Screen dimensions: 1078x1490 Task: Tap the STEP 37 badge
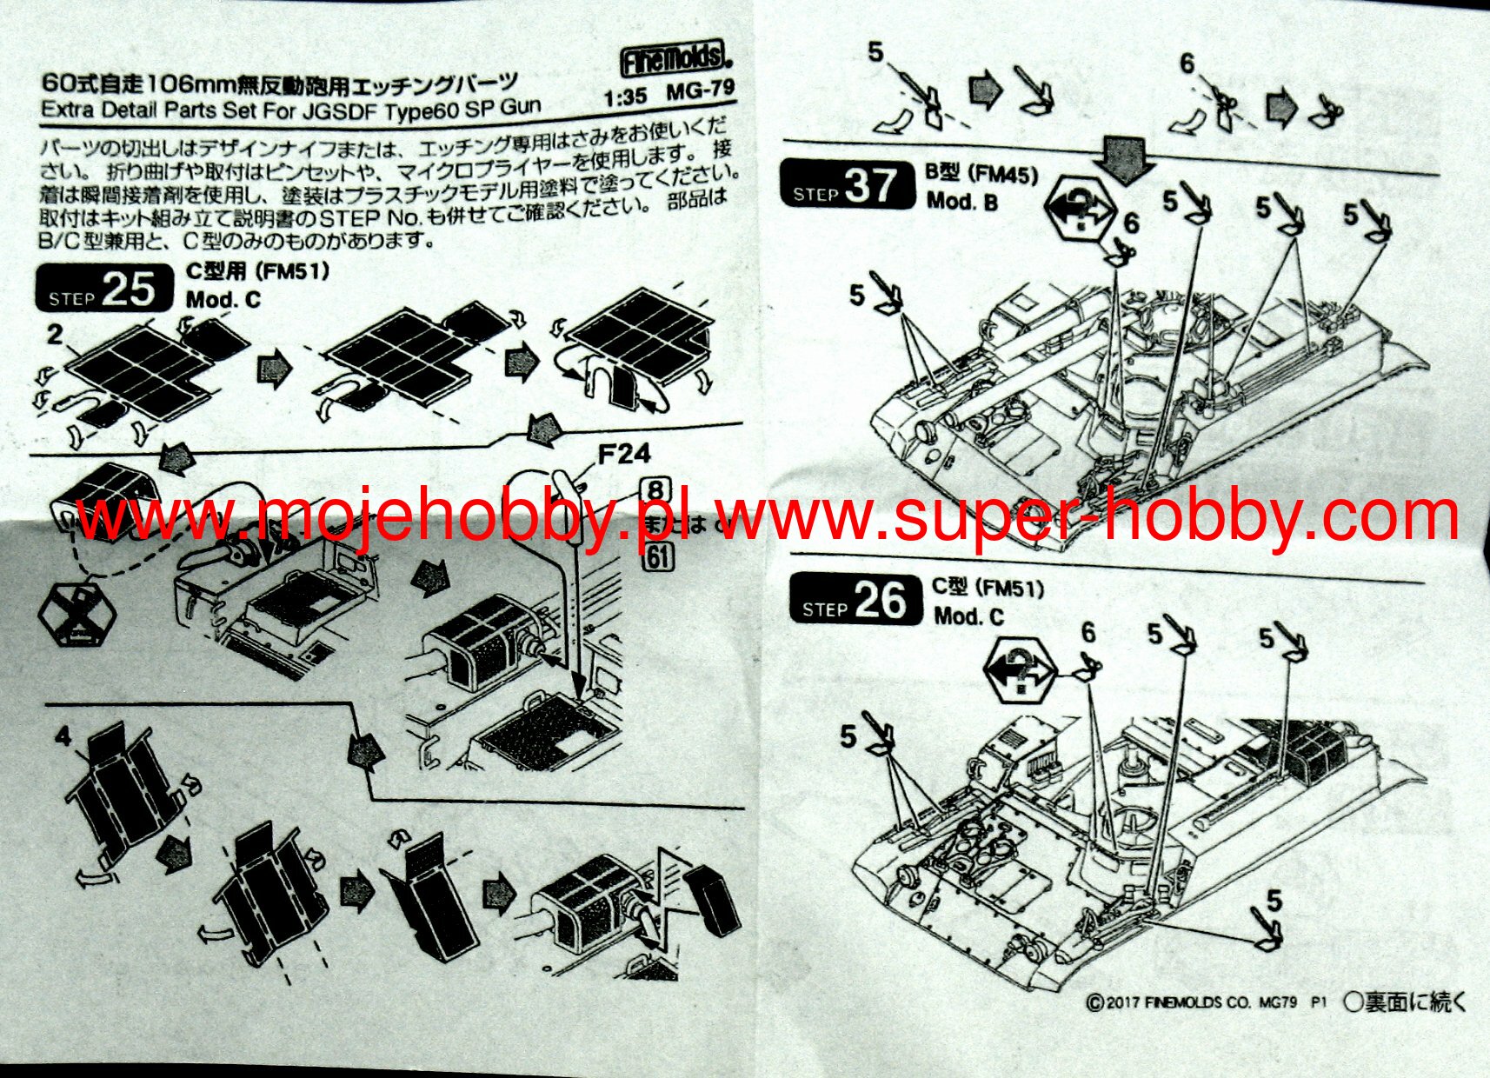848,185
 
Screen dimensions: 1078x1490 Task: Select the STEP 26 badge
855,601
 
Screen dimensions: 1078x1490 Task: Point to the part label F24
623,454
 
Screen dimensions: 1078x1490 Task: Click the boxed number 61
659,556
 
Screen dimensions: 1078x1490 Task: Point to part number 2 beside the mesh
55,334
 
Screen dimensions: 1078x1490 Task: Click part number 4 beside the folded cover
63,737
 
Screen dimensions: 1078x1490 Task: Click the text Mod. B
962,202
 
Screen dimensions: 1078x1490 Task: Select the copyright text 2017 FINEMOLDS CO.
1191,1002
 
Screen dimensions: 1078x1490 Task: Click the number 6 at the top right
1187,63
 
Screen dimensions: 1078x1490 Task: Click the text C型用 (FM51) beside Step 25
258,271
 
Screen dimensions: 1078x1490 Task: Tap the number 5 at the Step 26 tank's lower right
1274,900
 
